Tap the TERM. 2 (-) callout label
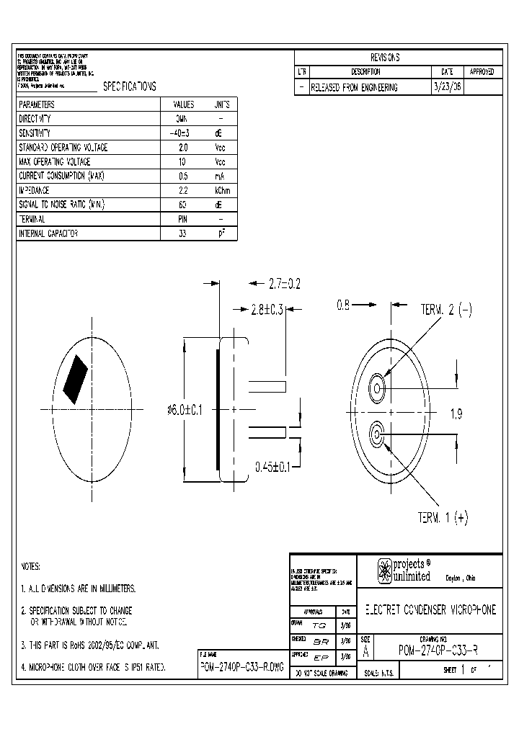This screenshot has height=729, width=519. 446,310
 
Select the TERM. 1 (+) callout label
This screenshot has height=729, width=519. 443,517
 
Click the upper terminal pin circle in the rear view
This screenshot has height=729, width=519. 377,390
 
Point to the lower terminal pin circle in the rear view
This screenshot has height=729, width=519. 377,434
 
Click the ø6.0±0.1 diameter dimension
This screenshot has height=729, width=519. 185,409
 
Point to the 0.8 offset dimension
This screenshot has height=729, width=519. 344,305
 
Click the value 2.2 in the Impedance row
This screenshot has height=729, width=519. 182,190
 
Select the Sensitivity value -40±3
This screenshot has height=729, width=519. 182,133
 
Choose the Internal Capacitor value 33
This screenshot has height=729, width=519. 182,233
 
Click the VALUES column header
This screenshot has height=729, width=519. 182,104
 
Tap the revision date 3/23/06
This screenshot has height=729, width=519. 447,86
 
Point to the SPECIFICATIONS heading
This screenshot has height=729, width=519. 130,86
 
